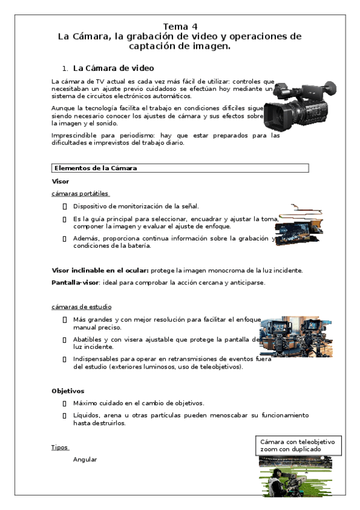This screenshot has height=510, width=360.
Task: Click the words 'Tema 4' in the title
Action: (180, 26)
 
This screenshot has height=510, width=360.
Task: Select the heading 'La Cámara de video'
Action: (113, 68)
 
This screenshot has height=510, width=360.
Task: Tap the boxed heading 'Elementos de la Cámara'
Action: (96, 168)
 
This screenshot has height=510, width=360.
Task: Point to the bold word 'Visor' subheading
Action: (61, 181)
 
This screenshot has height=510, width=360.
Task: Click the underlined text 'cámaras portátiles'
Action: (81, 194)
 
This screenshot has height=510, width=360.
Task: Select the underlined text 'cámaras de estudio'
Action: (81, 307)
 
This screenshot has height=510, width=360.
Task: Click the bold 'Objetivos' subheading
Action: (68, 390)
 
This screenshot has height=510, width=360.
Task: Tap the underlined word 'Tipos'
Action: (60, 447)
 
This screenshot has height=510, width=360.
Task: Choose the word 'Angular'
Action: (85, 459)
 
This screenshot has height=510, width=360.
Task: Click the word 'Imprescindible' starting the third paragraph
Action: (72, 135)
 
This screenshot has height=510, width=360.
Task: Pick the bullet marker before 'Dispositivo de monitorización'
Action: (64, 206)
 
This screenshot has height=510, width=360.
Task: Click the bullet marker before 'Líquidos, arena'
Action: (64, 416)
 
